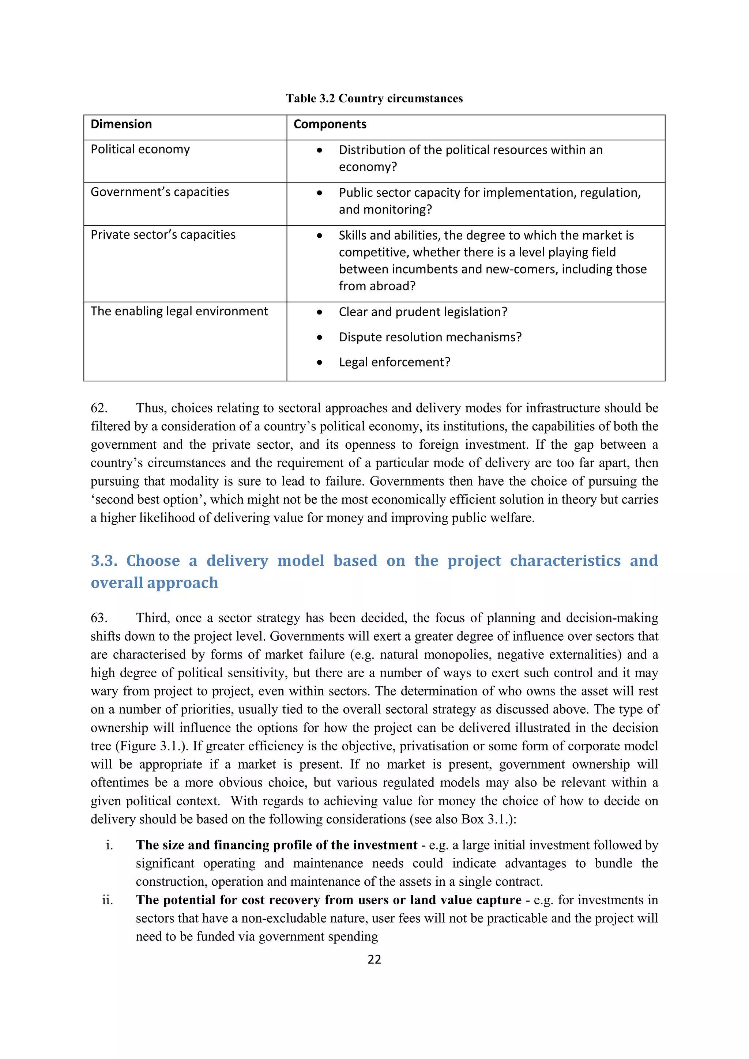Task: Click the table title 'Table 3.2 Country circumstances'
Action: tap(374, 98)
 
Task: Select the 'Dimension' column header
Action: tap(121, 124)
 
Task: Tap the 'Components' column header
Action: tap(330, 124)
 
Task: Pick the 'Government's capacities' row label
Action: tap(159, 192)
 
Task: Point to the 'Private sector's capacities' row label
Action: tap(163, 234)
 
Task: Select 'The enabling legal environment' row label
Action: tap(179, 311)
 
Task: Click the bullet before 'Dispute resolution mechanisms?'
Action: tap(320, 337)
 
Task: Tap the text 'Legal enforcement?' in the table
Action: tap(394, 362)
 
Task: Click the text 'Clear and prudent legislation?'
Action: tap(423, 312)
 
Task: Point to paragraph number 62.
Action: tap(99, 408)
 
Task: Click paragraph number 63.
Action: tap(99, 618)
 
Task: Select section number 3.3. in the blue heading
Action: tap(104, 561)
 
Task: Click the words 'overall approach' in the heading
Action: tap(154, 583)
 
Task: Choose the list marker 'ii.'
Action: tap(108, 900)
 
